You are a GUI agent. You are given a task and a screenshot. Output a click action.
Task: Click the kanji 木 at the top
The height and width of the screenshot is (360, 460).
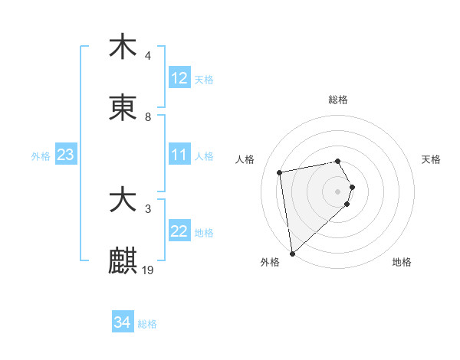123,47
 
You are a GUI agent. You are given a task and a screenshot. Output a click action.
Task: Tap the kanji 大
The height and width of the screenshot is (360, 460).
123,201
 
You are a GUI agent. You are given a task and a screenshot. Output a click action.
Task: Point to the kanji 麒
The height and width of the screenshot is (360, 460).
123,261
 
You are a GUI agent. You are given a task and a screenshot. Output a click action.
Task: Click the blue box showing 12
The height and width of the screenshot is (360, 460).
179,78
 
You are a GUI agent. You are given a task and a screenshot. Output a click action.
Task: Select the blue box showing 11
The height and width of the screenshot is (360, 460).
179,155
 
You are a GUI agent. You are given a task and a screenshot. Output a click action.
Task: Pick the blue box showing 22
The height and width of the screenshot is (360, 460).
179,232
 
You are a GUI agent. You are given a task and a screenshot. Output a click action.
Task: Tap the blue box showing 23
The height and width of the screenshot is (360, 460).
66,155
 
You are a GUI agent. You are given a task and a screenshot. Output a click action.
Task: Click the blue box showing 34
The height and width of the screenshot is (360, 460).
123,322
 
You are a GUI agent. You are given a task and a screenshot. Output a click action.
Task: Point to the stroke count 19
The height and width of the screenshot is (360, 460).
148,270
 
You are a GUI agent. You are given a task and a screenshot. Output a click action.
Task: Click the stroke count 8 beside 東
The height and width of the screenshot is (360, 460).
148,117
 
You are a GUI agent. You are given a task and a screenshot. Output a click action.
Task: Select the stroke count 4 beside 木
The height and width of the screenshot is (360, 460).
148,56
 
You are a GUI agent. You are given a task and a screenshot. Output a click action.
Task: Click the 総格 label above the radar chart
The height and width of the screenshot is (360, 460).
338,100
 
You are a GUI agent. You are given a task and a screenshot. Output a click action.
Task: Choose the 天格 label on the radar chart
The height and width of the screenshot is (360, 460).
432,159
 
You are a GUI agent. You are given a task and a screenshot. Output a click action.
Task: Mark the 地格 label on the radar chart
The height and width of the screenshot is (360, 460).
402,262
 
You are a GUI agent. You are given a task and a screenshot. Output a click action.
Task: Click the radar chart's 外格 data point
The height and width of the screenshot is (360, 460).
292,253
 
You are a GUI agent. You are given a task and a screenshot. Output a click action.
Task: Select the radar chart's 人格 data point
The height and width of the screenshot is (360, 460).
280,172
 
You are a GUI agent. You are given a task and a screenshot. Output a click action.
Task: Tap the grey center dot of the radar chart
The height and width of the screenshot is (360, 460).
338,191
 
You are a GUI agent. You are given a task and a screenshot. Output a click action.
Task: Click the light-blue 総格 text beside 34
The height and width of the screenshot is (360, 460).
147,324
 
